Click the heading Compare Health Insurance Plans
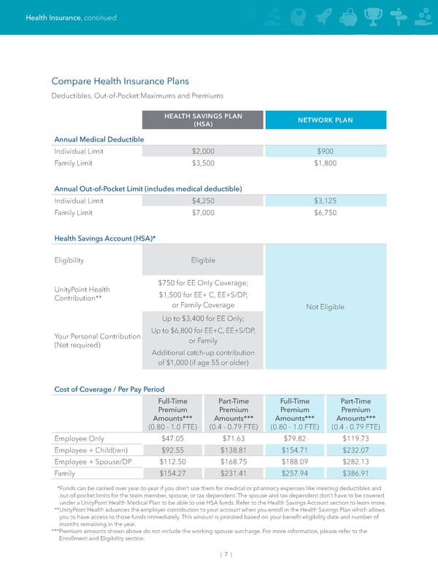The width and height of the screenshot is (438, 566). coord(120,81)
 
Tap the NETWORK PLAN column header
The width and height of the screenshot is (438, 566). coord(325,120)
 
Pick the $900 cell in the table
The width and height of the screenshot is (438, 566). coord(325,151)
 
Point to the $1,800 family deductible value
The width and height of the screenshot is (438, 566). coord(325,163)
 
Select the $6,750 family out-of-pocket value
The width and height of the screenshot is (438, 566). coord(325,213)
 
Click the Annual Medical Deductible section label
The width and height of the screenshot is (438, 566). coord(99,139)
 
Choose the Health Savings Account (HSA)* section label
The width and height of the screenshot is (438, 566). coord(105,239)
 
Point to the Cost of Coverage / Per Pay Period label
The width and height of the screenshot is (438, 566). coord(109,389)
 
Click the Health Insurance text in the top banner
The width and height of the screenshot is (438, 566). coord(52,17)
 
